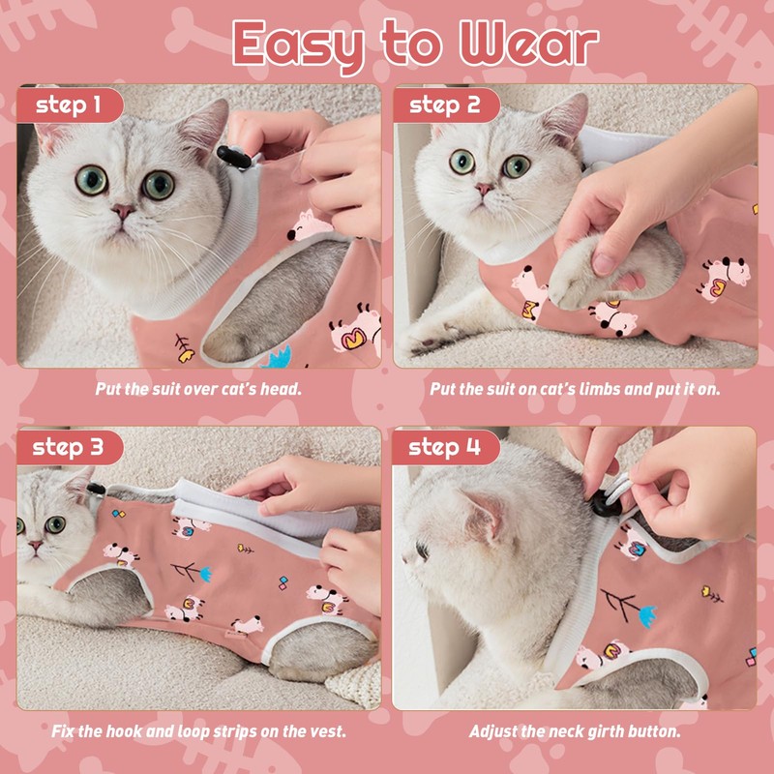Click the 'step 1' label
pos(68,105)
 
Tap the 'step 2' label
pos(445,105)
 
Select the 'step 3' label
pos(68,447)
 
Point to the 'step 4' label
pos(445,447)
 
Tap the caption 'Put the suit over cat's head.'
pos(198,389)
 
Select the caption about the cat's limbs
pos(575,389)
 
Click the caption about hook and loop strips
pos(198,730)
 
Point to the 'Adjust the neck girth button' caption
pos(575,730)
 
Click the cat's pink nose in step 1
pos(122,210)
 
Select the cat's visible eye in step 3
pos(55,524)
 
